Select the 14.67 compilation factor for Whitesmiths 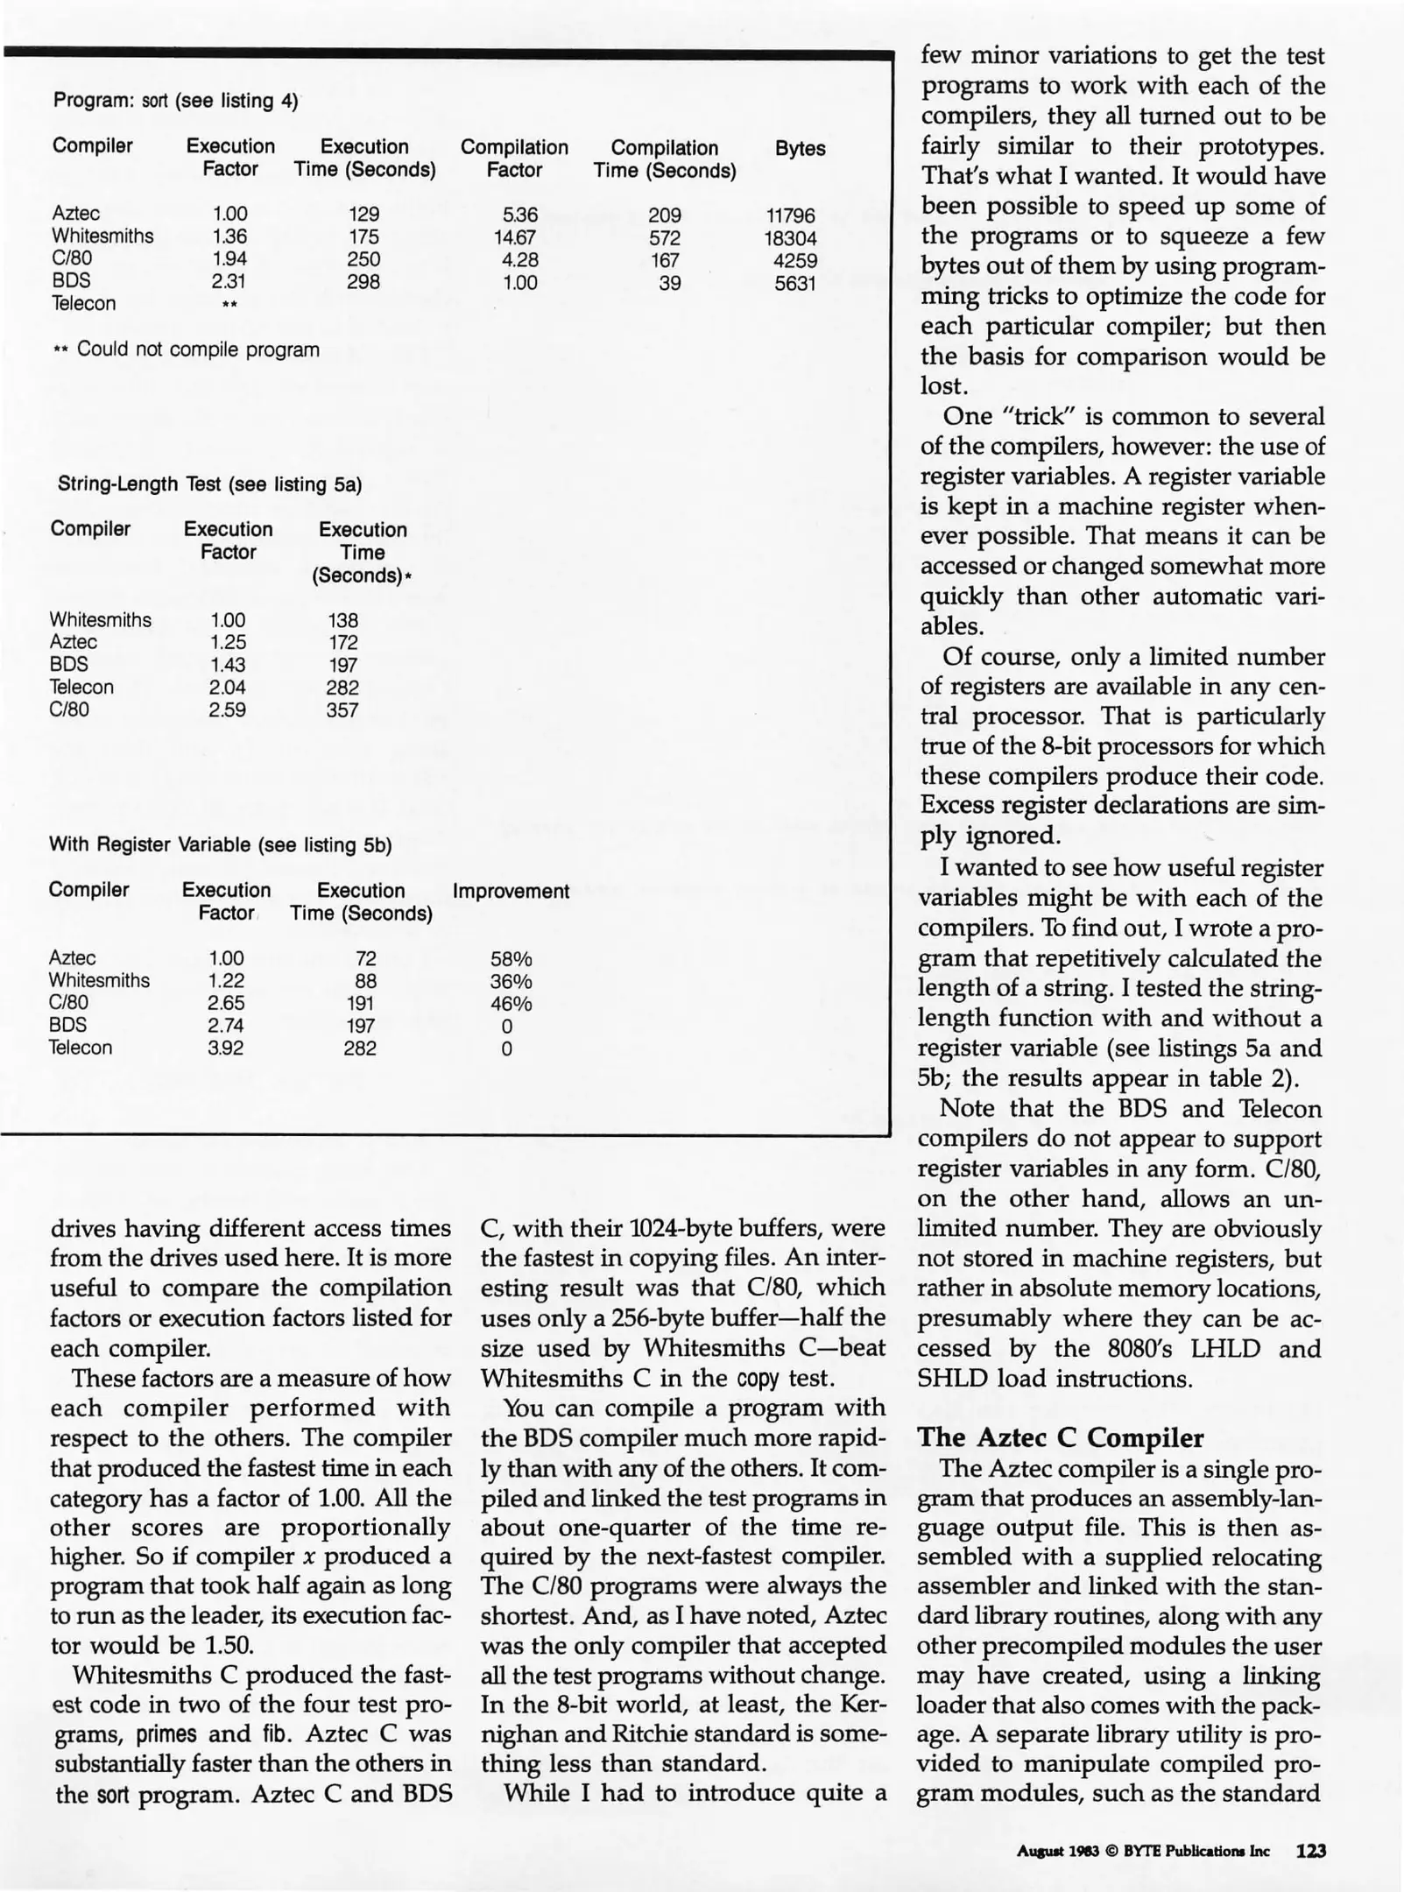click(x=515, y=237)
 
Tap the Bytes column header click(x=800, y=149)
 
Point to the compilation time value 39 click(x=670, y=283)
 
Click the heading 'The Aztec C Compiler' click(x=1060, y=1437)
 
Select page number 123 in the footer click(x=1311, y=1851)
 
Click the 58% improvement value click(x=511, y=959)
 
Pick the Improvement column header click(x=511, y=892)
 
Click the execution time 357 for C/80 click(x=342, y=710)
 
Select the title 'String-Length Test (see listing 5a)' click(x=209, y=484)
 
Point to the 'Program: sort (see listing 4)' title click(x=175, y=101)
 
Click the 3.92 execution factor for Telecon click(x=225, y=1048)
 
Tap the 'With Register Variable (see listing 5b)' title click(x=220, y=845)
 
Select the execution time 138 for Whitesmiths click(x=342, y=620)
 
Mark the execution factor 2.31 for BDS click(x=229, y=282)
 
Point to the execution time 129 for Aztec click(x=363, y=215)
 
